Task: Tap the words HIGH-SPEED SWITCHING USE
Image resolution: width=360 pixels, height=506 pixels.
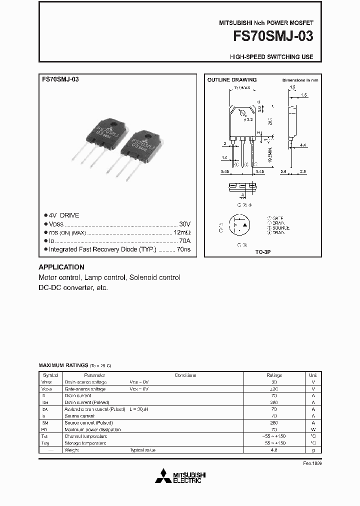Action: click(271, 57)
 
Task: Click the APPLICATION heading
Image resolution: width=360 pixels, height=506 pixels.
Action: click(61, 267)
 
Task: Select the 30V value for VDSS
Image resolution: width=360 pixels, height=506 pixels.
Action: click(184, 223)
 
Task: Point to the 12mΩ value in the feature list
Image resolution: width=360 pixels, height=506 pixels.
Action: click(182, 232)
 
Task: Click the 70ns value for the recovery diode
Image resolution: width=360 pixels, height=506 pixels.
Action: click(183, 249)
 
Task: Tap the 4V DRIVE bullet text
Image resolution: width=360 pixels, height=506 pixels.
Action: click(64, 215)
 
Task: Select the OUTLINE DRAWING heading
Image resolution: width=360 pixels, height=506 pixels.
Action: click(232, 80)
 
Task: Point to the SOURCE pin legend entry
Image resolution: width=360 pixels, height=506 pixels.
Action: click(280, 228)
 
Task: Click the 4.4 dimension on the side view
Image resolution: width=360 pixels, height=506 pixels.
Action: click(303, 145)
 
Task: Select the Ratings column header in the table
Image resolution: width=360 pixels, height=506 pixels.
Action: click(274, 375)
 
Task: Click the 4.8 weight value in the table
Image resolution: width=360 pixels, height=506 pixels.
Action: click(274, 450)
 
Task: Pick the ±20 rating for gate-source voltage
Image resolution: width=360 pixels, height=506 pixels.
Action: click(274, 388)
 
